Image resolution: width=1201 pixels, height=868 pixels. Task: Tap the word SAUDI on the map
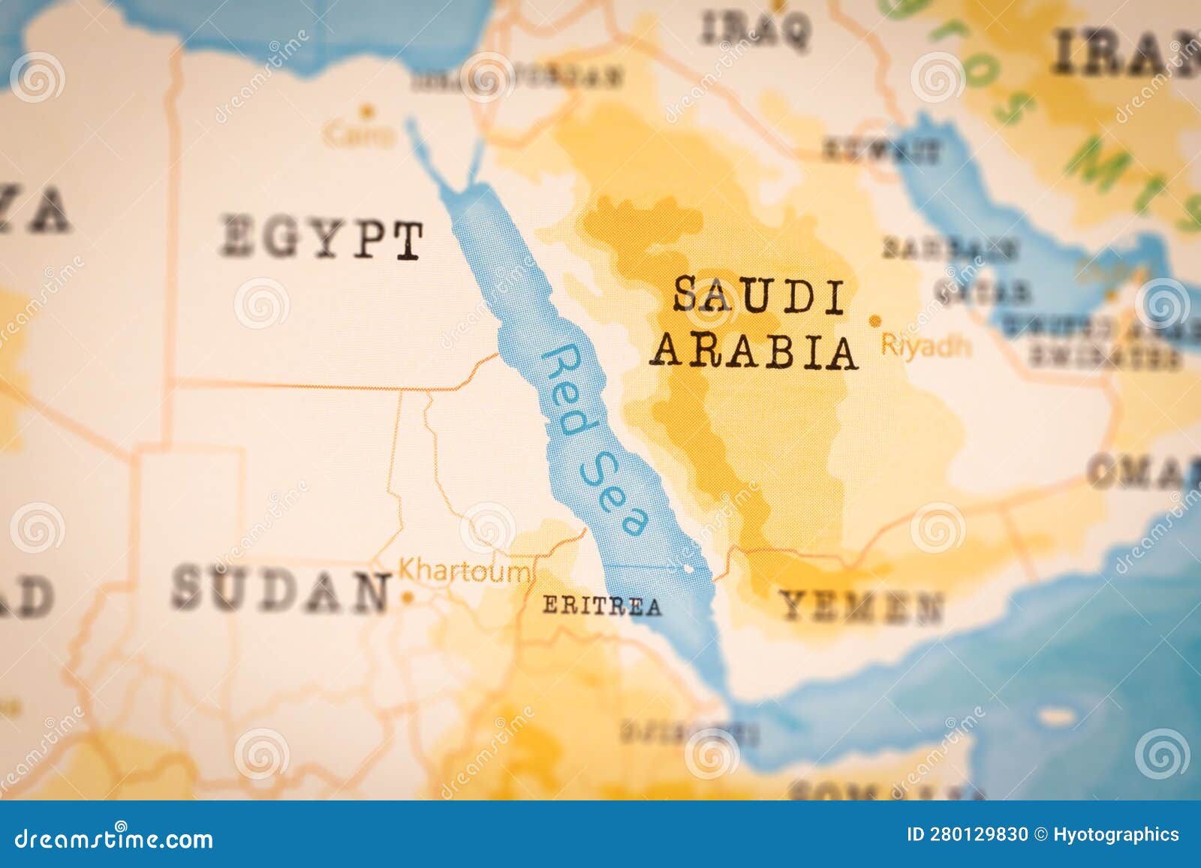759,294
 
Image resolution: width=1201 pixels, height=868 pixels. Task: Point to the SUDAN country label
282,590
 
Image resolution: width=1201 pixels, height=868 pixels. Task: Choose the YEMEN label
860,606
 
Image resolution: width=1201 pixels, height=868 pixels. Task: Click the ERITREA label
602,605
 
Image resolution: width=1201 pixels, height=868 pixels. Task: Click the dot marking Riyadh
874,321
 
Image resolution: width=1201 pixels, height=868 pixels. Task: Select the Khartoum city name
463,571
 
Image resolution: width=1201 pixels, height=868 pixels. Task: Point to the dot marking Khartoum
407,598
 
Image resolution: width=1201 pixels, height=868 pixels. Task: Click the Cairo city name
360,135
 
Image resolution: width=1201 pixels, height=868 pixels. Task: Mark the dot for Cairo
367,111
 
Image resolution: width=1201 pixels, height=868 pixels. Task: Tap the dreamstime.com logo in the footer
114,838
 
